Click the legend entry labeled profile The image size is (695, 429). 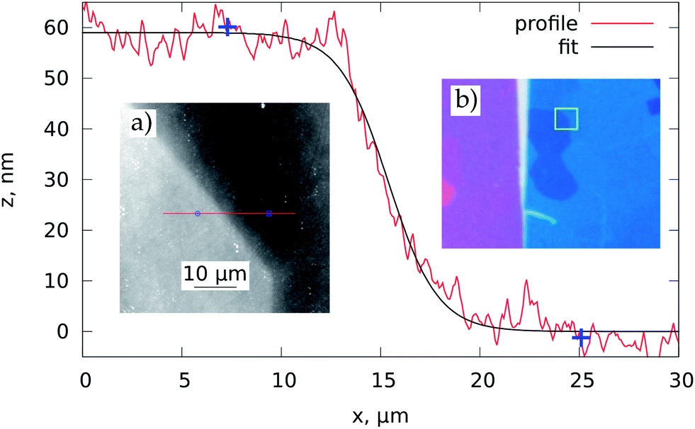(x=546, y=24)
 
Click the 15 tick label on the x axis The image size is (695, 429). (x=380, y=381)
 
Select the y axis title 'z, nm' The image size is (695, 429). (x=16, y=179)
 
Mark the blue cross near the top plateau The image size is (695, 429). (x=227, y=27)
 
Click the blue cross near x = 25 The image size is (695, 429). (x=581, y=338)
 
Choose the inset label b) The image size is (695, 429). (x=467, y=101)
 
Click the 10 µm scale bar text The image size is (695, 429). (x=215, y=274)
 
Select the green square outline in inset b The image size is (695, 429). (x=566, y=119)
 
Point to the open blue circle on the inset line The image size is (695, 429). (x=198, y=213)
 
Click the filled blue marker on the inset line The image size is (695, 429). (x=269, y=213)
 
